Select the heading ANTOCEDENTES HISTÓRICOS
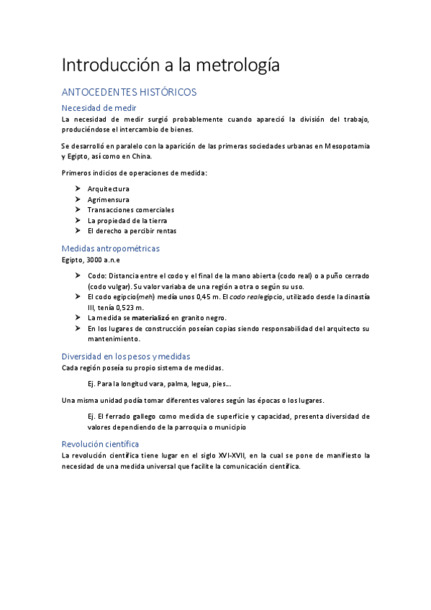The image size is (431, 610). click(130, 92)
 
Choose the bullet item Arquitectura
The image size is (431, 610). click(109, 188)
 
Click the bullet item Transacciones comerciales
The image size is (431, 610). click(131, 210)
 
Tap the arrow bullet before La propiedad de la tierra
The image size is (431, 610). click(78, 220)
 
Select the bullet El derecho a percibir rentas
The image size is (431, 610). click(132, 231)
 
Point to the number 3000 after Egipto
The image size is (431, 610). click(94, 260)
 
